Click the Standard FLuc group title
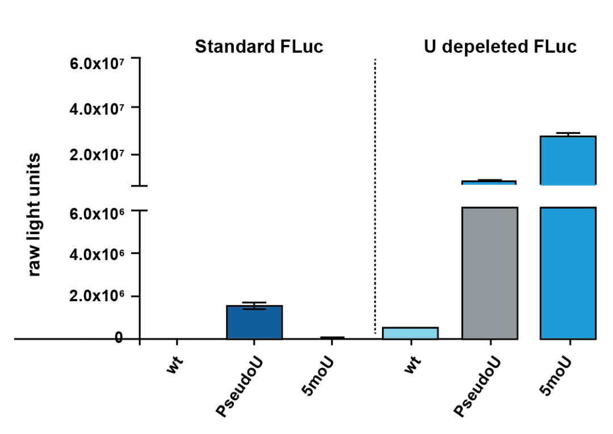(259, 47)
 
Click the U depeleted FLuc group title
(500, 47)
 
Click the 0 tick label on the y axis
(119, 338)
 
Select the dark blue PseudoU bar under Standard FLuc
(254, 323)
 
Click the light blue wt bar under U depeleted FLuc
(410, 333)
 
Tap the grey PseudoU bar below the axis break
(490, 272)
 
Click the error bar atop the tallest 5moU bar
(568, 134)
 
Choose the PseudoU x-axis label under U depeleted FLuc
(478, 386)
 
